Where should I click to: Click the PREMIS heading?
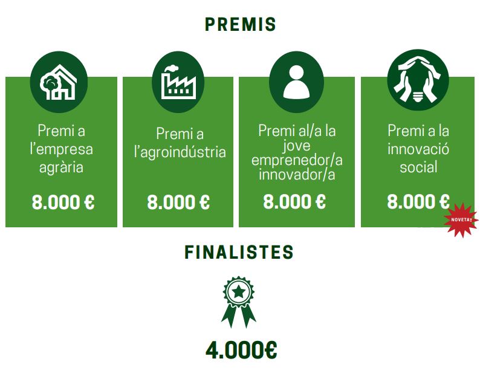point(240,24)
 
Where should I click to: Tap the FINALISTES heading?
point(239,252)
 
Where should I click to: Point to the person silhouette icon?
point(296,82)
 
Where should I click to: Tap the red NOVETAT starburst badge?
point(461,220)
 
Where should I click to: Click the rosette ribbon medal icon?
point(239,301)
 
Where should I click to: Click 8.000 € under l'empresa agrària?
point(63,202)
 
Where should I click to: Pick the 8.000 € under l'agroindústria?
point(178,202)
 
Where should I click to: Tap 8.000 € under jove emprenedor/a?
point(294,202)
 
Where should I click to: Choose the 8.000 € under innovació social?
point(418,202)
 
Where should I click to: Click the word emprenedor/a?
point(297,161)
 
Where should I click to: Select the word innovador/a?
point(297,175)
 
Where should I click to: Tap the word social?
point(418,167)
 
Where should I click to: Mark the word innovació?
point(418,149)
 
